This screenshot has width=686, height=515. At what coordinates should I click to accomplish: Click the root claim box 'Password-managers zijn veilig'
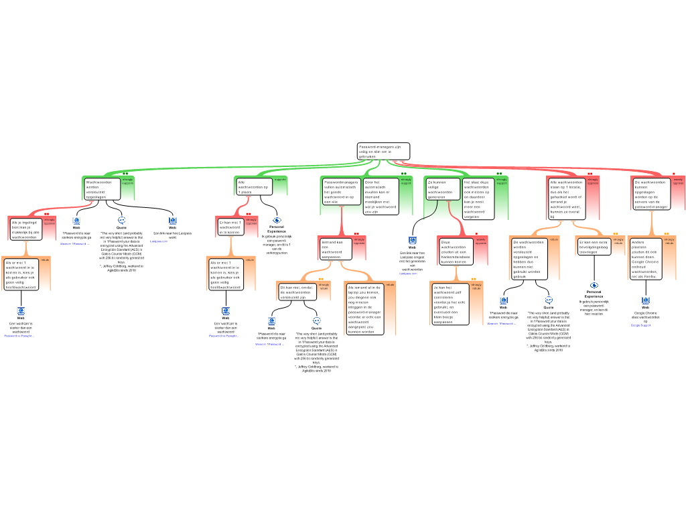coord(383,151)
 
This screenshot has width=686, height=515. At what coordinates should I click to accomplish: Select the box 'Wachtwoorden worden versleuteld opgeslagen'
coord(102,188)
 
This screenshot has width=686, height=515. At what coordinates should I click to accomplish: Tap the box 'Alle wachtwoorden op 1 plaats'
coord(254,186)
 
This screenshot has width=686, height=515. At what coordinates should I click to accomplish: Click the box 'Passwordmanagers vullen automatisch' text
coord(341,191)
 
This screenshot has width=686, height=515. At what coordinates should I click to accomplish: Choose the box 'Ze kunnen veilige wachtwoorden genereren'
coord(443,189)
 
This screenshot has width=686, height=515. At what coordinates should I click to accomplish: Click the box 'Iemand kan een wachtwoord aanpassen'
coord(335,248)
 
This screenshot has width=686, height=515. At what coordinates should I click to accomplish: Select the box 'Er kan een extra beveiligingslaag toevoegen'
coord(594,246)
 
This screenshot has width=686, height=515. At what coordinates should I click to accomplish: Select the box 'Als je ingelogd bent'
coord(26,229)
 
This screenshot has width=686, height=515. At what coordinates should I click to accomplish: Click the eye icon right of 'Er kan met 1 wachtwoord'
coord(277,220)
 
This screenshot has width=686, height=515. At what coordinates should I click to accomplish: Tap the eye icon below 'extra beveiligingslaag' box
coord(594,285)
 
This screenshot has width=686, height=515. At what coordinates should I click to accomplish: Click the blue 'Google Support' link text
coord(640,325)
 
